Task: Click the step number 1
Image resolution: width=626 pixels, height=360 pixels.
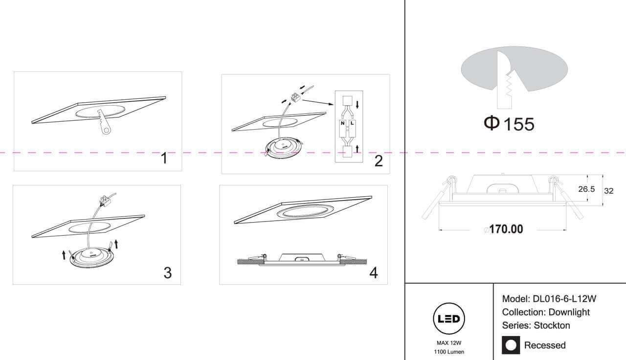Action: (164, 158)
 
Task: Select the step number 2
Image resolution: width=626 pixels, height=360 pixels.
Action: (379, 161)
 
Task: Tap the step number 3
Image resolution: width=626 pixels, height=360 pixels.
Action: (168, 273)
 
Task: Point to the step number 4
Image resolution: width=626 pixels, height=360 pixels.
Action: (374, 273)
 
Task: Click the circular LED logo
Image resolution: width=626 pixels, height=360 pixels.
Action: (449, 318)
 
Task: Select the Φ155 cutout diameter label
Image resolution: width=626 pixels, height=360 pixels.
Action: (509, 124)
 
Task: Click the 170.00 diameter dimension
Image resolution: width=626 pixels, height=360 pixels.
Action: (506, 229)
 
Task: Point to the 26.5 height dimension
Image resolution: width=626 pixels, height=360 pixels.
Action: (586, 189)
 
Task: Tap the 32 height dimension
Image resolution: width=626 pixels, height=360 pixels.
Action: (609, 191)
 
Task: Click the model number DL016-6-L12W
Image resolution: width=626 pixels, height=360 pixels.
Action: (564, 299)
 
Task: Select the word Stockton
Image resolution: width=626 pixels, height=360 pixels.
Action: (552, 325)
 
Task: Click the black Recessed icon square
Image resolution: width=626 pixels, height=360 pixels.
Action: (511, 345)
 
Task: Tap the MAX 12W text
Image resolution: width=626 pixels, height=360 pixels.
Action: (449, 343)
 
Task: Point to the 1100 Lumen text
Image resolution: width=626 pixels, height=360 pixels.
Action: (449, 352)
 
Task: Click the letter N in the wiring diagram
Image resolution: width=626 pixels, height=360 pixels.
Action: (343, 123)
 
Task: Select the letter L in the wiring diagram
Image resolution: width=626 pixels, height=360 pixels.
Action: (352, 123)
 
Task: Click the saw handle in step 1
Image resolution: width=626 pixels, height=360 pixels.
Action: (105, 127)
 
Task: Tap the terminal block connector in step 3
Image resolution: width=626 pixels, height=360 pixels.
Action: (105, 200)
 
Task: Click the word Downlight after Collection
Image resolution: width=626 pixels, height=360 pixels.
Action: (569, 312)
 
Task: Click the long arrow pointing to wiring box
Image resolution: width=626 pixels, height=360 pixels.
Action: (318, 102)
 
